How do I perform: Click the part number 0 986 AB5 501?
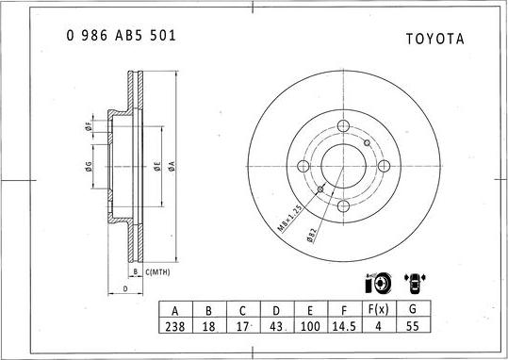(121, 35)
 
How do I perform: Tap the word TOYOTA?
(434, 40)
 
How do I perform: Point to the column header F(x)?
(377, 309)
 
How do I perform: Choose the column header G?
(411, 309)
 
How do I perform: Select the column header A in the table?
(175, 309)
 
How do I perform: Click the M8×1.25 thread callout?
(288, 220)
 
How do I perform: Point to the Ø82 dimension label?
(312, 237)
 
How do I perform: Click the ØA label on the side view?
(172, 167)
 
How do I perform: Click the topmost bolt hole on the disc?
(342, 127)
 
